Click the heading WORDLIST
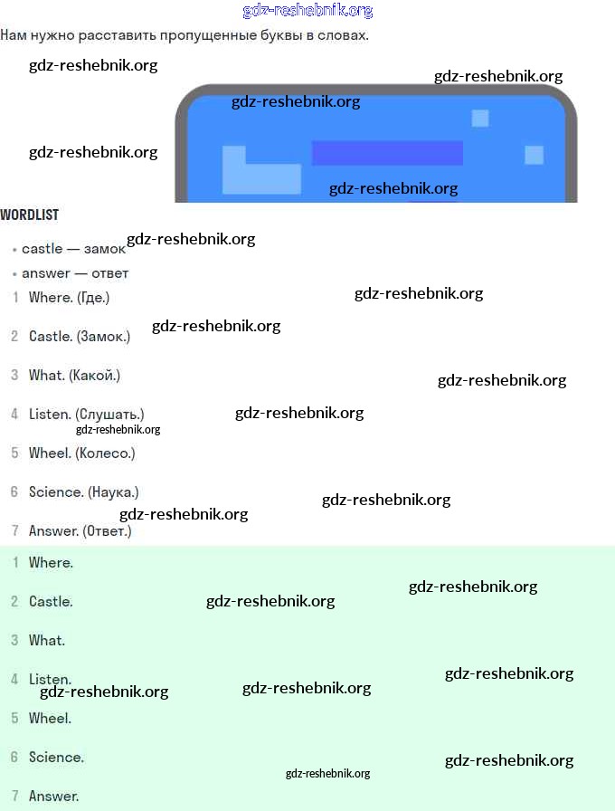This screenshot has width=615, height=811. tap(29, 215)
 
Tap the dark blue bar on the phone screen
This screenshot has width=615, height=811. tap(387, 153)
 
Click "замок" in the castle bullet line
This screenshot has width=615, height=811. tap(105, 249)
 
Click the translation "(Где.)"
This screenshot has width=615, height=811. tap(93, 298)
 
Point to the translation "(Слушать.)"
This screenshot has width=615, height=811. tap(109, 415)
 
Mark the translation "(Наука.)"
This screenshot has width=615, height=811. tap(113, 492)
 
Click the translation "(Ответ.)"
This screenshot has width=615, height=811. tap(107, 531)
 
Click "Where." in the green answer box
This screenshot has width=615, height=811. tap(51, 563)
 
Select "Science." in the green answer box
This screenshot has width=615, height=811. tap(56, 758)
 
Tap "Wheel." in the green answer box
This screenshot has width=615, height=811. tap(50, 719)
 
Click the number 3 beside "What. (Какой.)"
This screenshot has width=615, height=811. tap(14, 376)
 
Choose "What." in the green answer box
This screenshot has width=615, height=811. tap(47, 641)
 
